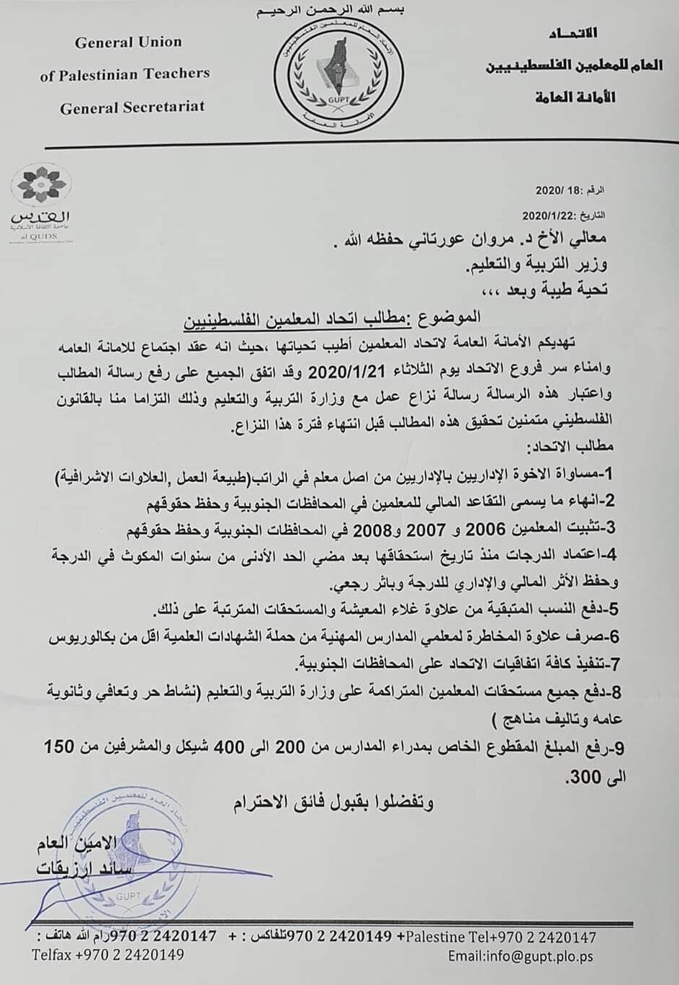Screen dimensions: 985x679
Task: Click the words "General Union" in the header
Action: pyautogui.click(x=128, y=43)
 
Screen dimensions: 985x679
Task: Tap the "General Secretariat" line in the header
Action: pyautogui.click(x=132, y=107)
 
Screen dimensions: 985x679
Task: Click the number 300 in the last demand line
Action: pyautogui.click(x=583, y=777)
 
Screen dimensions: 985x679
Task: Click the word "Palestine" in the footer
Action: pyautogui.click(x=436, y=937)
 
